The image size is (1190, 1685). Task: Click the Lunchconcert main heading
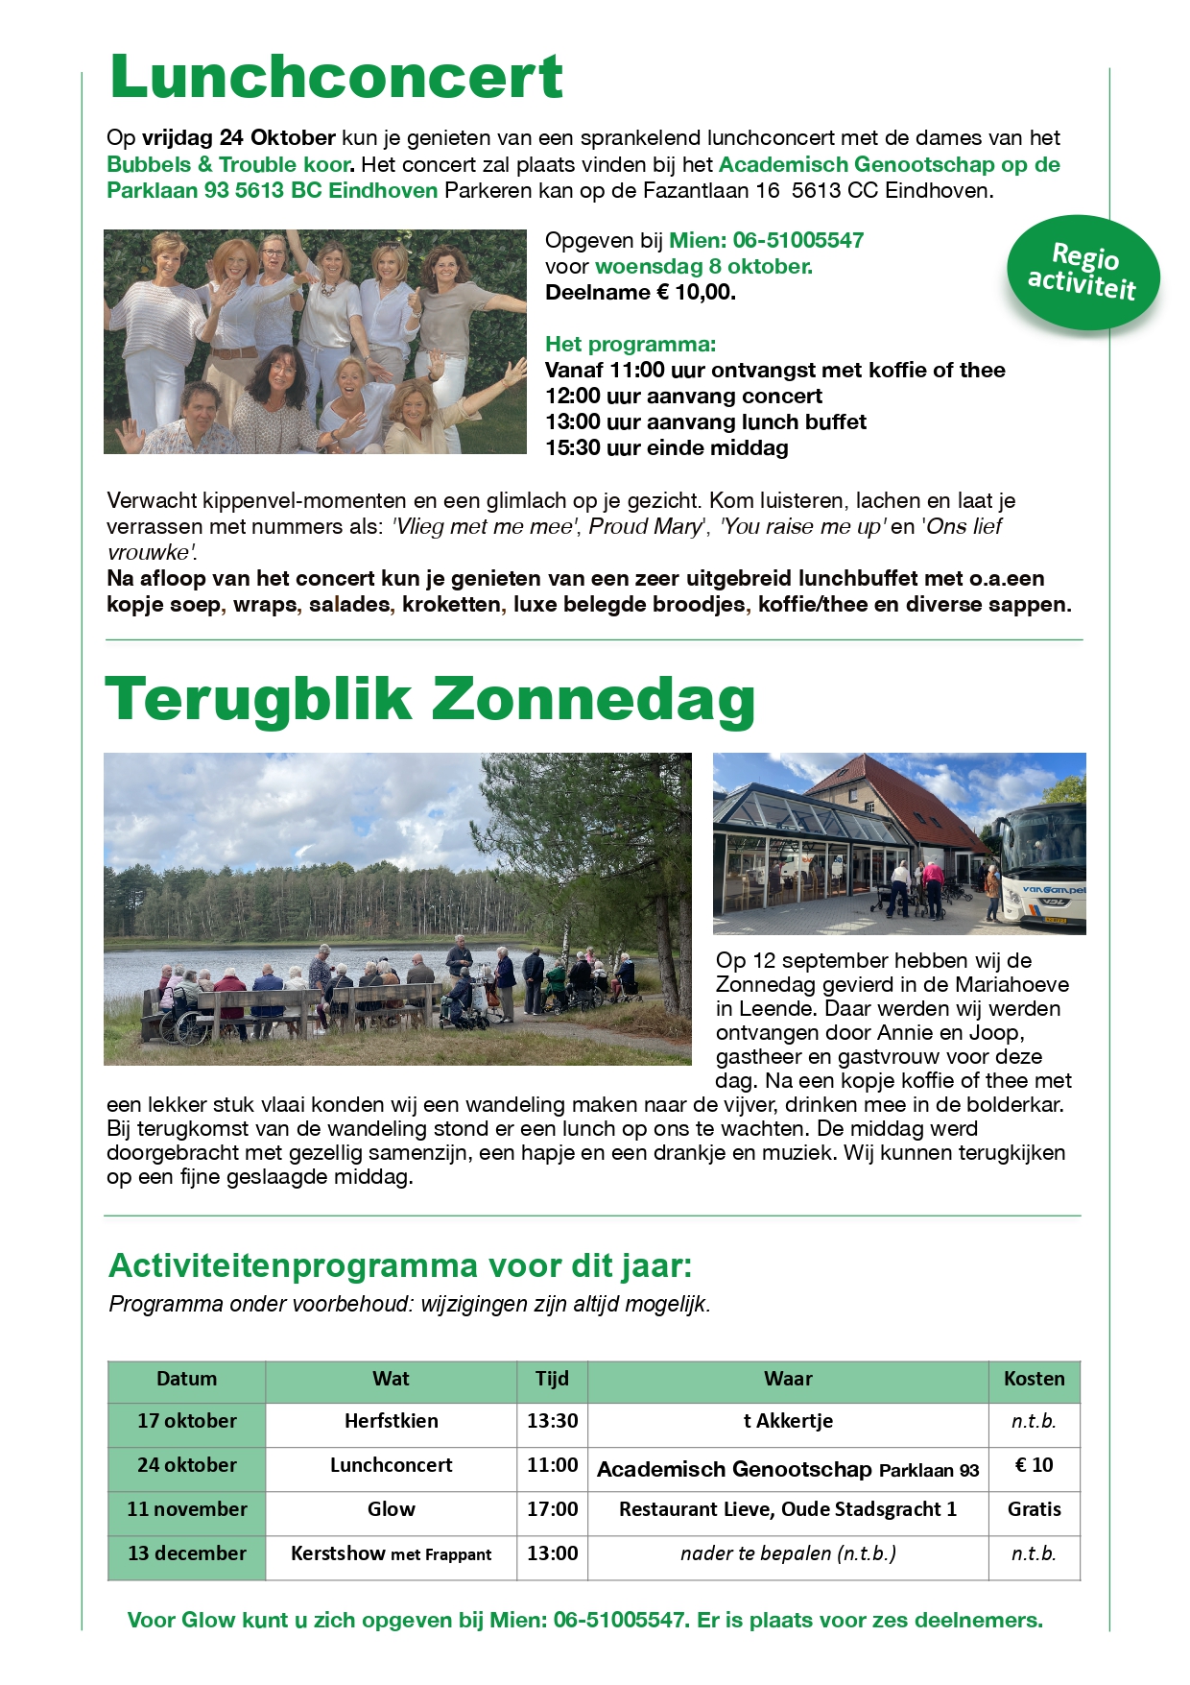click(336, 77)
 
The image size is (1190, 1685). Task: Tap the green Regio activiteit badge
click(1083, 272)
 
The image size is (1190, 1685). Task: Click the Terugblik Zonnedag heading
click(430, 699)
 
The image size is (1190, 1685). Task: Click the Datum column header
click(186, 1379)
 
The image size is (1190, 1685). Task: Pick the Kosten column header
click(1034, 1379)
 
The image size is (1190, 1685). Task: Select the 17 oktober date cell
click(186, 1421)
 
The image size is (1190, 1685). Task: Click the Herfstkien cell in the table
click(391, 1421)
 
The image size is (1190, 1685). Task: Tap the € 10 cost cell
click(1034, 1465)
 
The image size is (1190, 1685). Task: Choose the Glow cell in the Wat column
click(391, 1509)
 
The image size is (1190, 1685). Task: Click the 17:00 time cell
click(552, 1509)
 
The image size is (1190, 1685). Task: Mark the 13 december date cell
click(186, 1553)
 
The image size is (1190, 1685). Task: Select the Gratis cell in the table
click(1034, 1509)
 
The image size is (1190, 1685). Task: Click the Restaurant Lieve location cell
click(787, 1509)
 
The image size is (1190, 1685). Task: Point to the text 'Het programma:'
click(631, 344)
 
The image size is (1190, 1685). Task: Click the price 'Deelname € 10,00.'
click(640, 293)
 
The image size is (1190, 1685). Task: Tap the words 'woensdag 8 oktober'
click(702, 267)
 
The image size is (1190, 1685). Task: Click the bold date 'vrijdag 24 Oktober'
click(239, 137)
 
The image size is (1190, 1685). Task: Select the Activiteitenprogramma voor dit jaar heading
click(400, 1265)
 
